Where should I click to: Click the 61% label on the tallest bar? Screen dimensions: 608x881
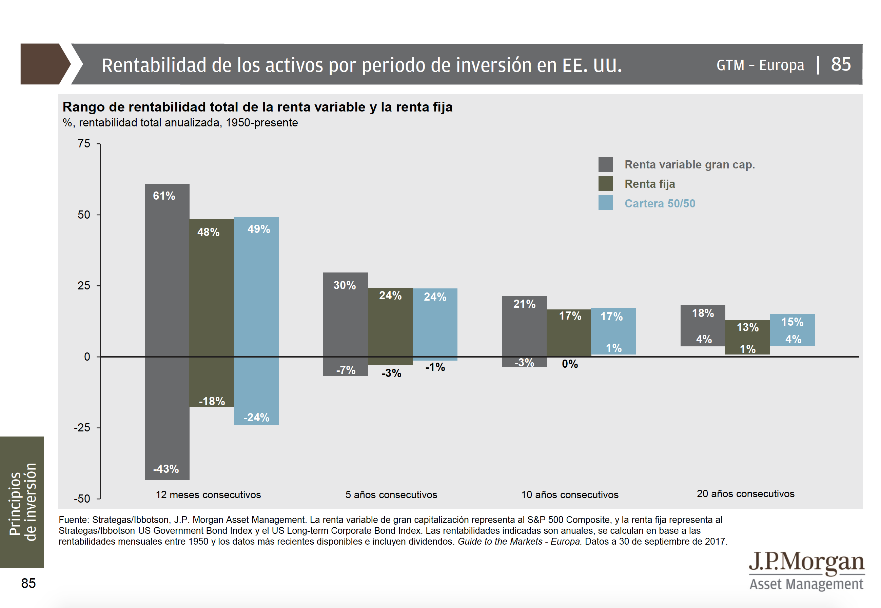pyautogui.click(x=164, y=196)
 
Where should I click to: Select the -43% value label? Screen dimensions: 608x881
pyautogui.click(x=166, y=469)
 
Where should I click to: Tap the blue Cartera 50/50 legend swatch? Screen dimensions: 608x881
pyautogui.click(x=605, y=203)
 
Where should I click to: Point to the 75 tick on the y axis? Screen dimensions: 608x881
pyautogui.click(x=84, y=144)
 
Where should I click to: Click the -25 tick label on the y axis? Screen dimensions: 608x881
pyautogui.click(x=82, y=427)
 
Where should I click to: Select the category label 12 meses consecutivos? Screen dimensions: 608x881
pyautogui.click(x=208, y=494)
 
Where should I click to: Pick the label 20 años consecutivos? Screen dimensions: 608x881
pyautogui.click(x=745, y=493)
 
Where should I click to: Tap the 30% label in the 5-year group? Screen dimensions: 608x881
pyautogui.click(x=344, y=285)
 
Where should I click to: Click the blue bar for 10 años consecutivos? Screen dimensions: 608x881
pyautogui.click(x=613, y=331)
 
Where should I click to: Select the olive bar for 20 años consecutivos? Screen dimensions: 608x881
pyautogui.click(x=747, y=338)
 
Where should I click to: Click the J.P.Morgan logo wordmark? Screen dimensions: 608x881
pyautogui.click(x=806, y=562)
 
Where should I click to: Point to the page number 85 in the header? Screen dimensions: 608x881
pyautogui.click(x=841, y=64)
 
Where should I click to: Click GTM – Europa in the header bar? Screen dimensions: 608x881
pyautogui.click(x=760, y=65)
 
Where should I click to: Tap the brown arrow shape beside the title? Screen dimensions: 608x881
pyautogui.click(x=43, y=64)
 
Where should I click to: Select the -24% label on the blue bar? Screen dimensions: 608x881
pyautogui.click(x=256, y=417)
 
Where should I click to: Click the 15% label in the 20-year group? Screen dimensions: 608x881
pyautogui.click(x=792, y=322)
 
